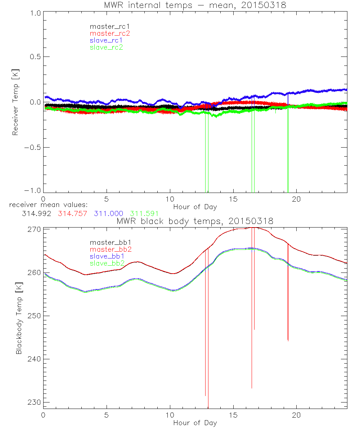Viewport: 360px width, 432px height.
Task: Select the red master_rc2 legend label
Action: click(x=109, y=33)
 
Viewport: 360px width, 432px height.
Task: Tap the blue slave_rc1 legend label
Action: click(x=106, y=40)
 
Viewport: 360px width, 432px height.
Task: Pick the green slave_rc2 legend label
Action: click(x=106, y=47)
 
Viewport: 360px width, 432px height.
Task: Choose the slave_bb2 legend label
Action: click(x=106, y=263)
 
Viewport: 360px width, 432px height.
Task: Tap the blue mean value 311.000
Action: click(x=108, y=213)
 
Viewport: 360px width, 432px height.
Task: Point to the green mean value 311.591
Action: click(x=144, y=213)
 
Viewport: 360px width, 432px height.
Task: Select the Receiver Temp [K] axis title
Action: click(x=15, y=102)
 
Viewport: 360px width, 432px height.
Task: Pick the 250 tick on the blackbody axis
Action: click(x=33, y=316)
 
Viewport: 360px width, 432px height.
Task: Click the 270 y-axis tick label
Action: click(x=33, y=229)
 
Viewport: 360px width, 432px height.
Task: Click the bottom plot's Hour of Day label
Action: click(x=195, y=423)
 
